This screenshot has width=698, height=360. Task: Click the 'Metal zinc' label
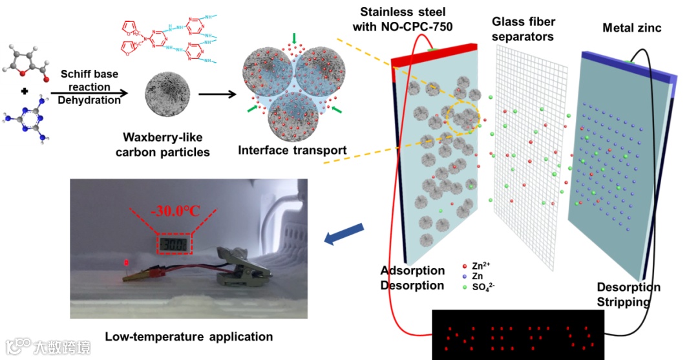click(x=631, y=28)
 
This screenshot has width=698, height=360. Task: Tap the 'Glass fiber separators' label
click(x=523, y=29)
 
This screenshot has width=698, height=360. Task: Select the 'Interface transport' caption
click(x=292, y=151)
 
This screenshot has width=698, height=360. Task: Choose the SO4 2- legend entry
click(x=485, y=286)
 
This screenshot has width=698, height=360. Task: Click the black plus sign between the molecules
click(x=25, y=91)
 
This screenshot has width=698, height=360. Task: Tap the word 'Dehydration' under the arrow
click(x=89, y=100)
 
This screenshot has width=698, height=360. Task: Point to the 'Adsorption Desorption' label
click(x=412, y=278)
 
